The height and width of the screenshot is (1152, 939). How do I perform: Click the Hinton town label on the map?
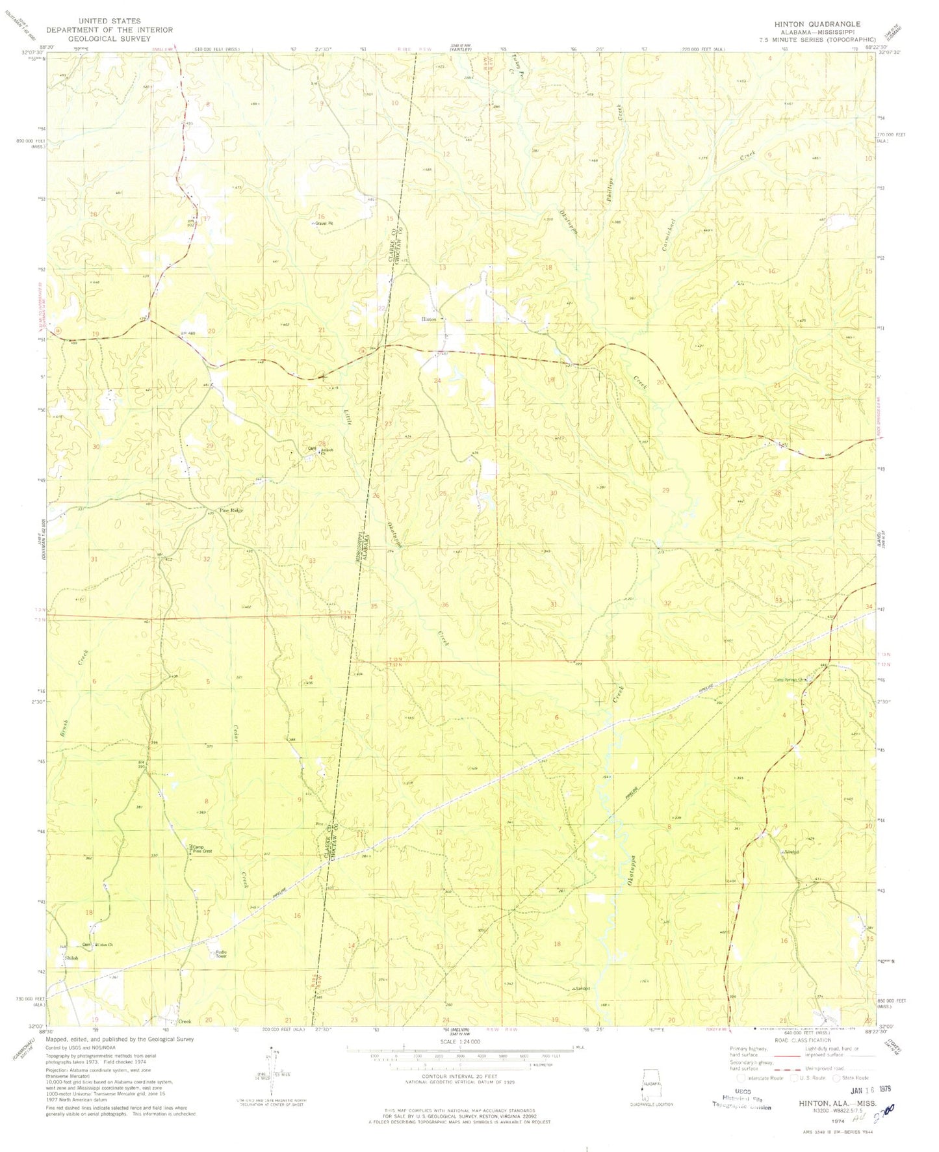click(429, 319)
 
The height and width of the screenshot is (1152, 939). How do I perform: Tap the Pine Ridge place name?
click(231, 510)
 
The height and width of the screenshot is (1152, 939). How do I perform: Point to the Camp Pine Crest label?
click(202, 848)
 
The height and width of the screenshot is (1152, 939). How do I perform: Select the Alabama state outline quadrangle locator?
click(650, 1084)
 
